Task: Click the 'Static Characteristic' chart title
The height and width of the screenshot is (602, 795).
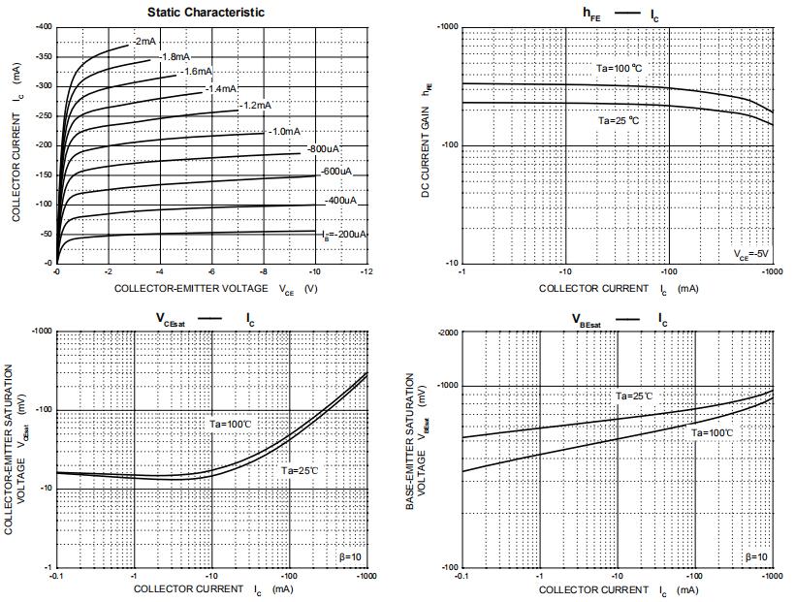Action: [x=206, y=13]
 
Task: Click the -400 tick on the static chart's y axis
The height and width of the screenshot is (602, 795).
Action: [x=44, y=27]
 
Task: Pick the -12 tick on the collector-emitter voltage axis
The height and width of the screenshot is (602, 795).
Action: [x=366, y=272]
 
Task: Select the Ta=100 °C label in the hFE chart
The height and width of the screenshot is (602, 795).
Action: [x=619, y=68]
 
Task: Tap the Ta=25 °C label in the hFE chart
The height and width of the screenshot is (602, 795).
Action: [x=618, y=120]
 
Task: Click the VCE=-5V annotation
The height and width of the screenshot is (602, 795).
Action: [x=750, y=253]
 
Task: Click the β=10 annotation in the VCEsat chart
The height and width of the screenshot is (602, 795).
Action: [x=349, y=556]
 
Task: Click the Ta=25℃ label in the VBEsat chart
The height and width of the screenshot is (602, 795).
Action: [x=634, y=396]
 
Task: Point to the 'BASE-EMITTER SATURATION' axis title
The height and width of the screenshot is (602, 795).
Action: [x=409, y=442]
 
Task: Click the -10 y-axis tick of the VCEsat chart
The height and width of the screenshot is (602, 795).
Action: [x=44, y=489]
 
